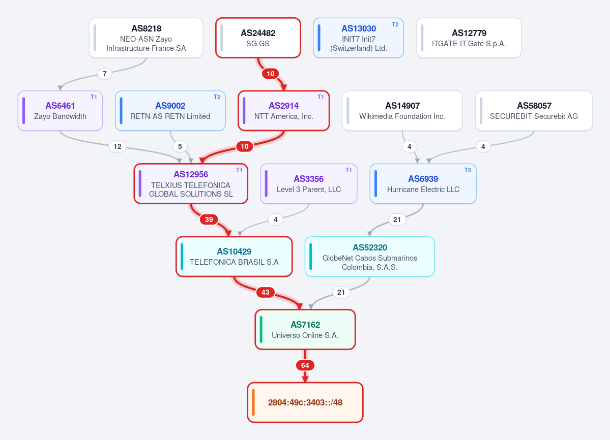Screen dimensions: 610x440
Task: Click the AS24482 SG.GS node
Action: click(258, 38)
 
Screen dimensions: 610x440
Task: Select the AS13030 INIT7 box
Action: click(358, 38)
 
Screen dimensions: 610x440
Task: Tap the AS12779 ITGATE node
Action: click(469, 38)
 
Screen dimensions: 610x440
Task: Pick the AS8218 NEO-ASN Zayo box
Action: click(146, 38)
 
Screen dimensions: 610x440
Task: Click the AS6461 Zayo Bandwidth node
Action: click(61, 111)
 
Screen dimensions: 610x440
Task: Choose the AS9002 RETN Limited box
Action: click(170, 111)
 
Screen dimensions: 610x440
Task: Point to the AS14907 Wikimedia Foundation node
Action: click(402, 111)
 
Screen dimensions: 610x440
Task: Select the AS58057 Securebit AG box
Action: click(534, 111)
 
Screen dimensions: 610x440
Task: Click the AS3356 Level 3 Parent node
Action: click(308, 184)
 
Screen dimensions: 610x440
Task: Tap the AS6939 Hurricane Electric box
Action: click(423, 184)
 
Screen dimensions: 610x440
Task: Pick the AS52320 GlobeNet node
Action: click(369, 257)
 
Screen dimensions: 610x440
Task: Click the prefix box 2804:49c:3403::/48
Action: click(305, 402)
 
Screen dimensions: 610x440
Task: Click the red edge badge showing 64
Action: click(305, 365)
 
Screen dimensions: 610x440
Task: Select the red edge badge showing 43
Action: click(266, 293)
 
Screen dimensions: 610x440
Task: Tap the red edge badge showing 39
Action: click(209, 219)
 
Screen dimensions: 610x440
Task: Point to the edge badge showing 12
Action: click(118, 146)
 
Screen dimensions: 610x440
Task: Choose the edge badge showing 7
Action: click(105, 74)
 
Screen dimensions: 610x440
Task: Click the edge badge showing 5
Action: click(180, 146)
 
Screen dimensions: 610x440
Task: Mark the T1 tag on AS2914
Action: click(321, 97)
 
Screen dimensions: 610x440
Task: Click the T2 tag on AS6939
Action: click(468, 170)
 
